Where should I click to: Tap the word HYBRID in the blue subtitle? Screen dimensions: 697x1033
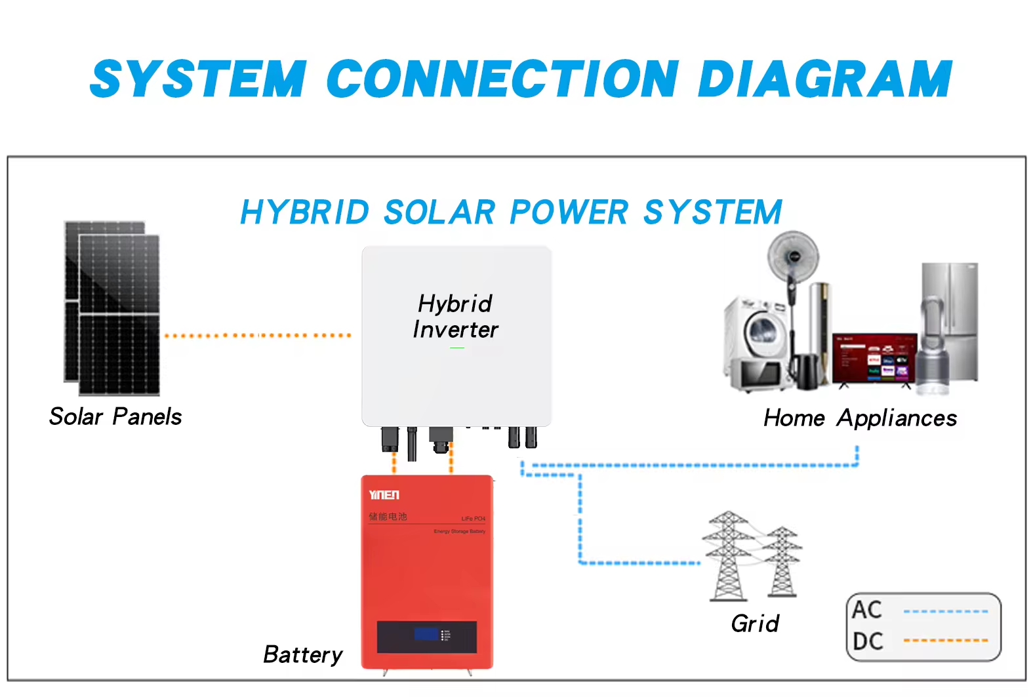(305, 212)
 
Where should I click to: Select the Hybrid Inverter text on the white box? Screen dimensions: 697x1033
(455, 317)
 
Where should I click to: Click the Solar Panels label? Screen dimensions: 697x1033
(115, 417)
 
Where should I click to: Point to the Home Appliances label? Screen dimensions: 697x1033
(860, 418)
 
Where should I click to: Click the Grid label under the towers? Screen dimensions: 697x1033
(755, 624)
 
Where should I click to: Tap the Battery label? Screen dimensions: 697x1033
(302, 654)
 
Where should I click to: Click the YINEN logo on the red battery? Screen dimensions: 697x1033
(384, 495)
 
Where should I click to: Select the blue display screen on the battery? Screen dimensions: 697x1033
(426, 634)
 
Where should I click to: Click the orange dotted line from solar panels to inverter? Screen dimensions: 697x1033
(257, 335)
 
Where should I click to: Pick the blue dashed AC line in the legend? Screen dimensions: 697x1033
(945, 612)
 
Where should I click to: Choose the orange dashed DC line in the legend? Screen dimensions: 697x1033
(945, 641)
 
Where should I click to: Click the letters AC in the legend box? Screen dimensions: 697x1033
(866, 610)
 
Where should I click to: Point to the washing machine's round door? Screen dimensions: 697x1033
(765, 334)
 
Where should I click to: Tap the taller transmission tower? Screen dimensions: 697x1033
(727, 557)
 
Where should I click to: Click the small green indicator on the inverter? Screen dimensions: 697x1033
(457, 348)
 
